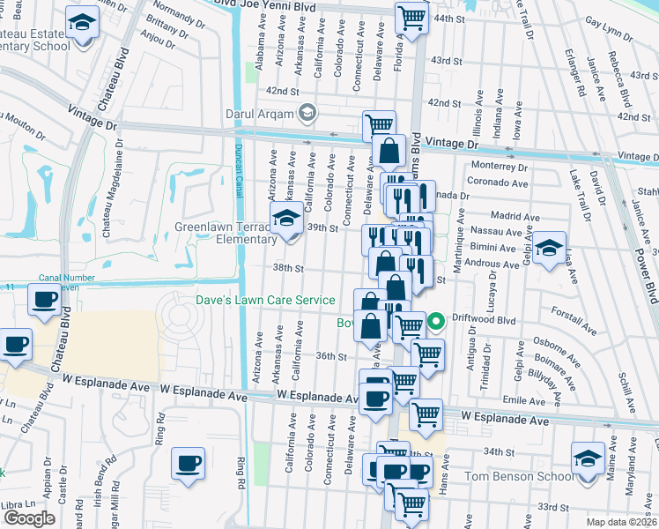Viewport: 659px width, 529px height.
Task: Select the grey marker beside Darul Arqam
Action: click(307, 112)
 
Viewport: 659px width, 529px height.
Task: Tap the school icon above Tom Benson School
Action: click(588, 458)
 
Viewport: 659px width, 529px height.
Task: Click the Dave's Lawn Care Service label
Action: click(265, 301)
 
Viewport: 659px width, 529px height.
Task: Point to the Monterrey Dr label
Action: click(499, 166)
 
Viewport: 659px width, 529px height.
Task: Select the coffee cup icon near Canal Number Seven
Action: click(43, 300)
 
